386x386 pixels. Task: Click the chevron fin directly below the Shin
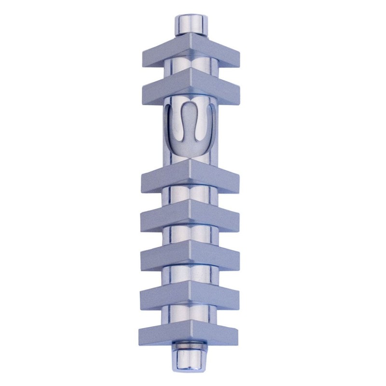coord(190,176)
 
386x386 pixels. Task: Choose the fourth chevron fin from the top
coord(190,215)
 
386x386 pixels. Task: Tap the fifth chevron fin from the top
coord(190,256)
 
